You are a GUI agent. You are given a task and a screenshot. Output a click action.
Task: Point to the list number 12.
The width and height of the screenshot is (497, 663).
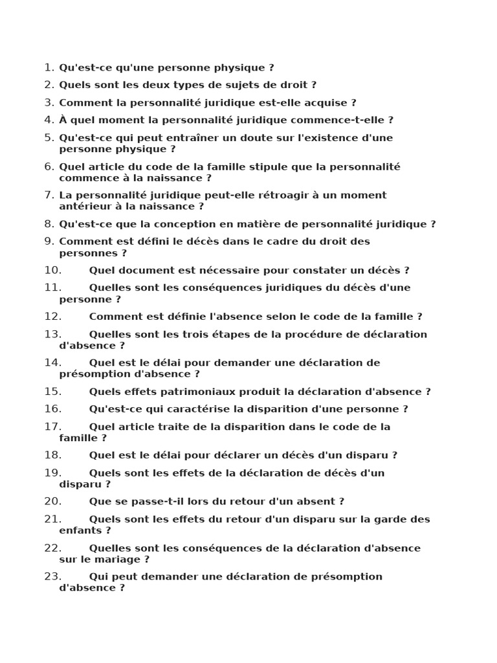tap(52, 317)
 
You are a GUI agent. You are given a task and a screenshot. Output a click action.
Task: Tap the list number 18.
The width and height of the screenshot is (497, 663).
tap(52, 455)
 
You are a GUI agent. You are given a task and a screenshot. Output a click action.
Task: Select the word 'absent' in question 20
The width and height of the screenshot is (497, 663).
tap(316, 501)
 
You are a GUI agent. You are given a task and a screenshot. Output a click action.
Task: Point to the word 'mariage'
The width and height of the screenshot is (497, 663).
tap(122, 559)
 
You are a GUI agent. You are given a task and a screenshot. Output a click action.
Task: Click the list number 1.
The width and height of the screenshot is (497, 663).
tap(49, 67)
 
